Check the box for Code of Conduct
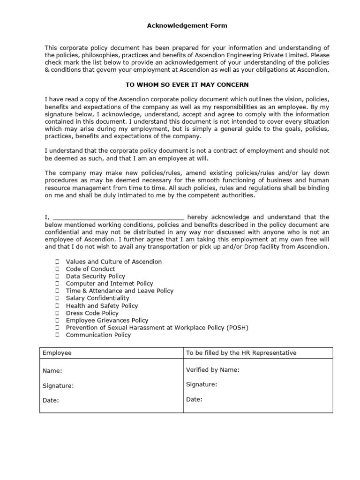pyautogui.click(x=57, y=269)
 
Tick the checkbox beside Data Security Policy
pyautogui.click(x=57, y=277)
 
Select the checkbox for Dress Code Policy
pyautogui.click(x=57, y=313)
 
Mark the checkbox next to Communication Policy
pyautogui.click(x=57, y=335)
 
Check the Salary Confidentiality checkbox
pyautogui.click(x=57, y=298)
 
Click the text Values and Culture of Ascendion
pyautogui.click(x=114, y=262)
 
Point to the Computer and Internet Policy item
pyautogui.click(x=109, y=284)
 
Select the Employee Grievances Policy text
pyautogui.click(x=107, y=321)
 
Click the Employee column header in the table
pyautogui.click(x=57, y=353)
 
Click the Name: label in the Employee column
pyautogui.click(x=52, y=371)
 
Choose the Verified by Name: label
pyautogui.click(x=213, y=370)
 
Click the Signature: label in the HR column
pyautogui.click(x=202, y=384)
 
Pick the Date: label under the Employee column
pyautogui.click(x=51, y=401)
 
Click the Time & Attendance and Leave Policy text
pyautogui.click(x=120, y=291)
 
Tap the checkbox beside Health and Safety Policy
pyautogui.click(x=57, y=306)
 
